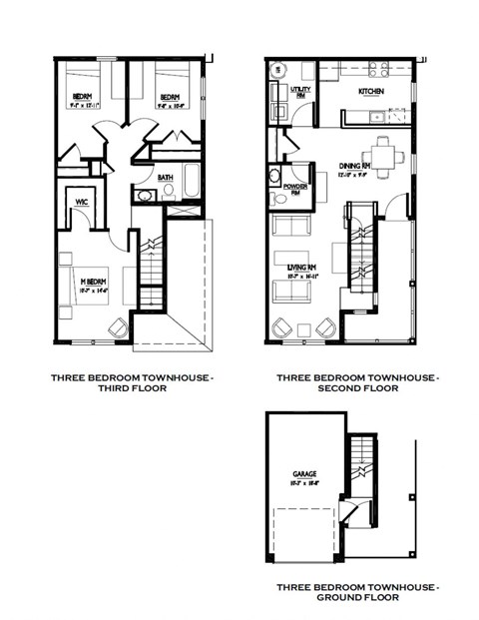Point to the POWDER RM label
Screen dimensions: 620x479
295,187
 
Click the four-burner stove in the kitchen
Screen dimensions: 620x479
378,70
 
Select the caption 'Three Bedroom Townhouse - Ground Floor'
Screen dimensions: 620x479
337,591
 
